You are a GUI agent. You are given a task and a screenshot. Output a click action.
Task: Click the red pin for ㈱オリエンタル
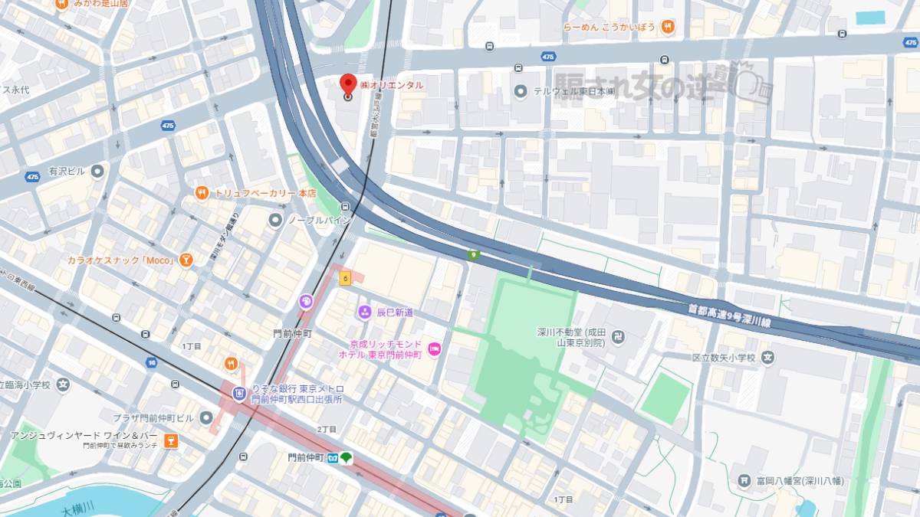(x=348, y=85)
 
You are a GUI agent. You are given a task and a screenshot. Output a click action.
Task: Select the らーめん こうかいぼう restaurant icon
(x=668, y=27)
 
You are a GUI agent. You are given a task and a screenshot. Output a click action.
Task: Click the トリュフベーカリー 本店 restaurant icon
(x=202, y=193)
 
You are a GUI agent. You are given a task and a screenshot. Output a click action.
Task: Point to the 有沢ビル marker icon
(x=97, y=171)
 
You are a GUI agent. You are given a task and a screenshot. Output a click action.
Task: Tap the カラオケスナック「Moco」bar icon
(x=186, y=260)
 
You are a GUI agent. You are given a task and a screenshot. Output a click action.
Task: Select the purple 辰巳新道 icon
(x=364, y=312)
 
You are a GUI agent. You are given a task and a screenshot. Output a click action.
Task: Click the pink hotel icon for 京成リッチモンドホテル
(x=435, y=349)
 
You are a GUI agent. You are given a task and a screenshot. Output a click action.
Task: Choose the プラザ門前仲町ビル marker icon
(x=205, y=417)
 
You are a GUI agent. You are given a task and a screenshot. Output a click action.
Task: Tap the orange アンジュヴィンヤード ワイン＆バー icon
(x=171, y=440)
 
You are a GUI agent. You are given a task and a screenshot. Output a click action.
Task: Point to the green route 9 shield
(x=475, y=255)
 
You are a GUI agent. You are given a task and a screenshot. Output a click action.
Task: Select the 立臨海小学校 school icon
(x=63, y=384)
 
